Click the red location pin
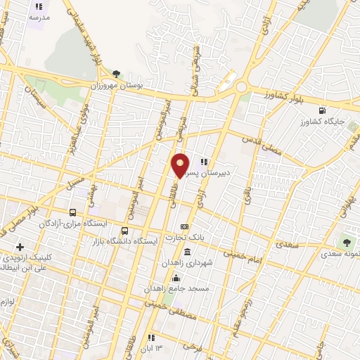point(181,165)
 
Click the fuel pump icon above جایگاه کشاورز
point(321,110)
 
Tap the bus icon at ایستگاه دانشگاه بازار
point(125,230)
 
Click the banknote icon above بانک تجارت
point(184,226)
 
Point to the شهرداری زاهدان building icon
point(187,251)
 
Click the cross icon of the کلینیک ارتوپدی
point(20,247)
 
